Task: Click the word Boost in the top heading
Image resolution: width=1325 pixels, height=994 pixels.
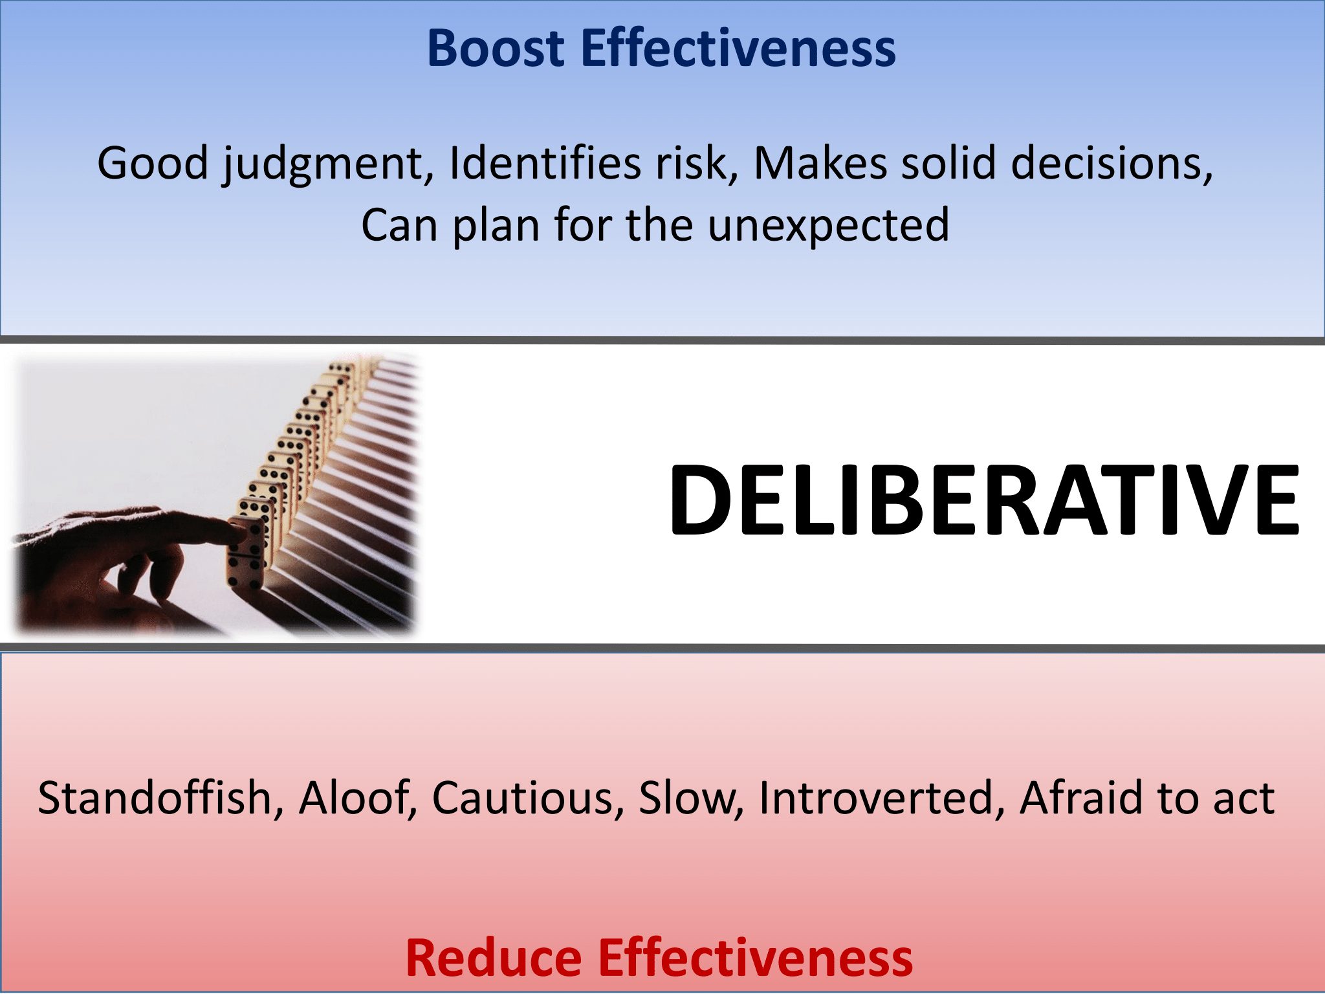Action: pos(496,49)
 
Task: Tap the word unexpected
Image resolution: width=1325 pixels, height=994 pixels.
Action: pos(828,226)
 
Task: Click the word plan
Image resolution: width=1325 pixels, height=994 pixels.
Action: pos(496,226)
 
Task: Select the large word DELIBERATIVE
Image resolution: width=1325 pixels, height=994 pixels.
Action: pos(983,500)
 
